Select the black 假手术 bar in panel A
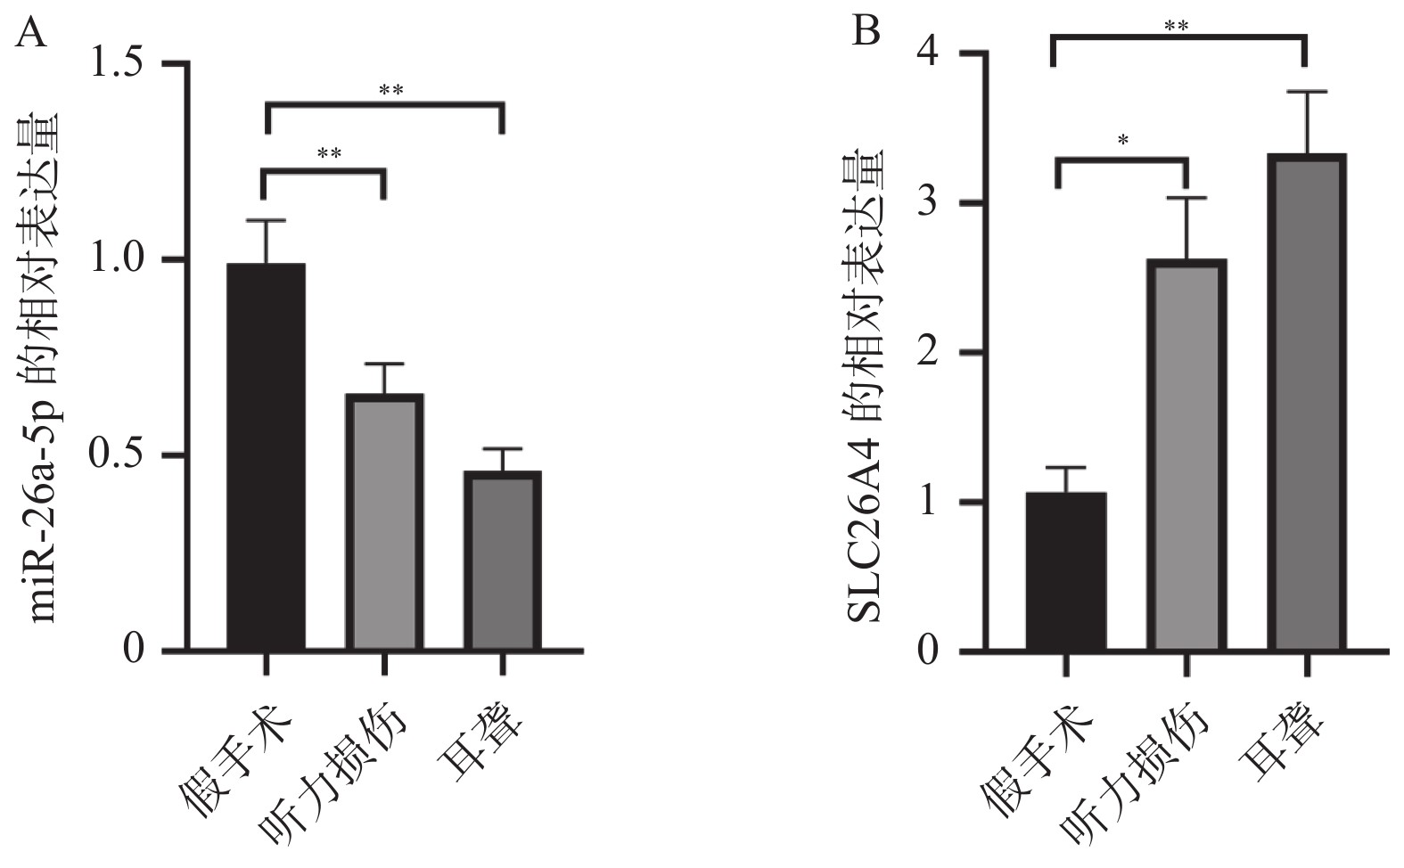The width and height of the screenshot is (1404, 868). pos(266,456)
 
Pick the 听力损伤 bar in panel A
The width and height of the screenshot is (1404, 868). pos(384,522)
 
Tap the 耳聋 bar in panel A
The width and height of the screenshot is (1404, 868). pos(503,561)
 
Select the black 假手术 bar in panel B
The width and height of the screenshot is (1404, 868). pos(1065,571)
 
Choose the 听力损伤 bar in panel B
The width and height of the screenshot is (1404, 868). pos(1186,454)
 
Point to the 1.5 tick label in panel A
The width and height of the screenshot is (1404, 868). pos(121,63)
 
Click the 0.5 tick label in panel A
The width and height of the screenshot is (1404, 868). pos(121,454)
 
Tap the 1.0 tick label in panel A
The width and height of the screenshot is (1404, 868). pos(121,259)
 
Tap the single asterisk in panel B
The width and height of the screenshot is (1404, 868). pos(1123,140)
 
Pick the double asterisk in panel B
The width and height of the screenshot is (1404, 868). pos(1176,26)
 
